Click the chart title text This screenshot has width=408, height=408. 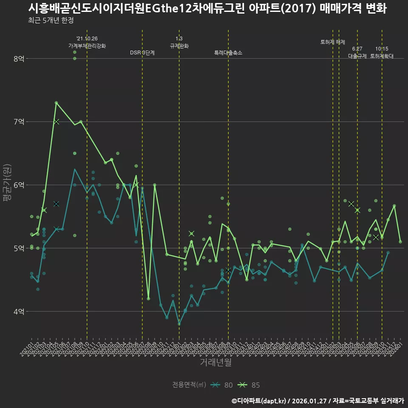pyautogui.click(x=207, y=8)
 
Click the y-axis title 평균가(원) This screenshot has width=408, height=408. pyautogui.click(x=7, y=185)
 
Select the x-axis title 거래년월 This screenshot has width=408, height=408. pyautogui.click(x=216, y=363)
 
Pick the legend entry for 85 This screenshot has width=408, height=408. pyautogui.click(x=250, y=385)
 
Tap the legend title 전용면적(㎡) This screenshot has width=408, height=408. pyautogui.click(x=189, y=385)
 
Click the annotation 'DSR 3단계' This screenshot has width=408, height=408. pyautogui.click(x=142, y=53)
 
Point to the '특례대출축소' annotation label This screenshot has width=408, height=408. pyautogui.click(x=228, y=53)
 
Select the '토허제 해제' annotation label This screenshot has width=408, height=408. pyautogui.click(x=333, y=42)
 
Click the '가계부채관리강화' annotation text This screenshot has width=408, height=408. pyautogui.click(x=87, y=45)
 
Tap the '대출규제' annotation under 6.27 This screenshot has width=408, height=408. pyautogui.click(x=357, y=56)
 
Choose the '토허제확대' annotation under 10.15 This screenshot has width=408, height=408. pyautogui.click(x=382, y=56)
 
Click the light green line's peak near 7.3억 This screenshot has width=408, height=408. pyautogui.click(x=56, y=102)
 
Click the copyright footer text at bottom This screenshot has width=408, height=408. pyautogui.click(x=317, y=401)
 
